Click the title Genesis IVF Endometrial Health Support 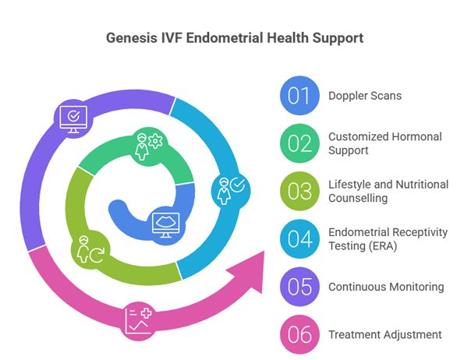pyautogui.click(x=235, y=37)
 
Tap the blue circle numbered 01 pyautogui.click(x=299, y=96)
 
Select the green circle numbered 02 pyautogui.click(x=299, y=144)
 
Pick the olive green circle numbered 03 pyautogui.click(x=299, y=192)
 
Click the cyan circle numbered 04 pyautogui.click(x=299, y=239)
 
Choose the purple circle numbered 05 pyautogui.click(x=299, y=287)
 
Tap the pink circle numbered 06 pyautogui.click(x=299, y=334)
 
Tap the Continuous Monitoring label pyautogui.click(x=386, y=287)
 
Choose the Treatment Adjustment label pyautogui.click(x=385, y=334)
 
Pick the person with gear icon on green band pyautogui.click(x=146, y=146)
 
